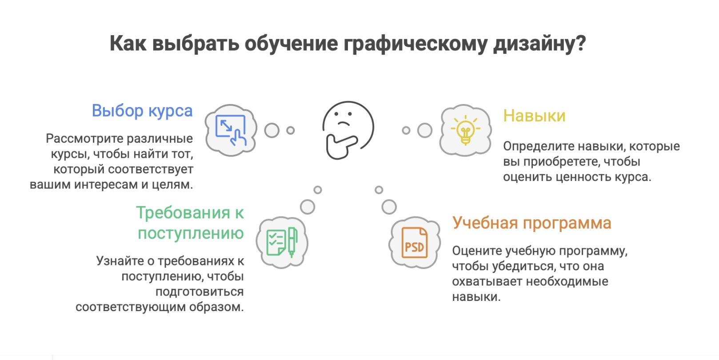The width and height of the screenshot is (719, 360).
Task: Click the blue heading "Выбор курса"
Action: pos(142,111)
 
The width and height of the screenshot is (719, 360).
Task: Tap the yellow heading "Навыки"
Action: pos(534,116)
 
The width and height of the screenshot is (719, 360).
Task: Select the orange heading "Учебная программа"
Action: pos(531,223)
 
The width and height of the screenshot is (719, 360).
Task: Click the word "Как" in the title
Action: pos(128,44)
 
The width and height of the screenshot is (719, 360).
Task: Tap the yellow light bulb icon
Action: pos(465,130)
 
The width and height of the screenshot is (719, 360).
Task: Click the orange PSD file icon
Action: pos(414,243)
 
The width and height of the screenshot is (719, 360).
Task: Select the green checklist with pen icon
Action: pos(282,242)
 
